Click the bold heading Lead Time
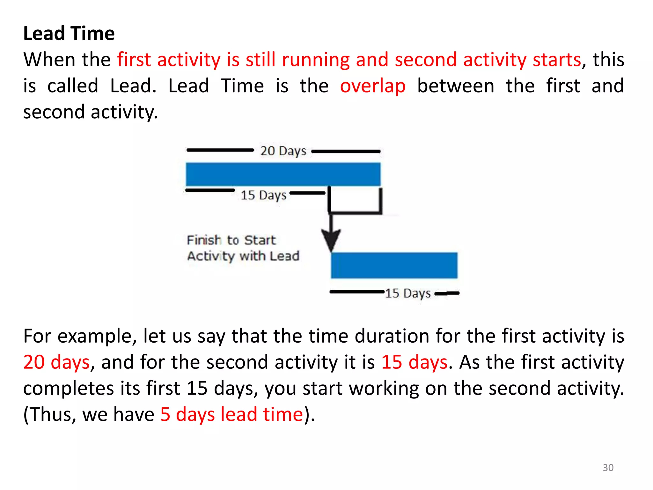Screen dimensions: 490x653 (69, 33)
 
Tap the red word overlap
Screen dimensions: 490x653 (372, 86)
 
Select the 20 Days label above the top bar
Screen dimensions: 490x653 (283, 151)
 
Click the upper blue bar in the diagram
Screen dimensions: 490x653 (283, 174)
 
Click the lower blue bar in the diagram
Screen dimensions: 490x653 (394, 265)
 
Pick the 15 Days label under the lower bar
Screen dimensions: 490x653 (408, 293)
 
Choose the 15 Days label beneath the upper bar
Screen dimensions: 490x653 (263, 195)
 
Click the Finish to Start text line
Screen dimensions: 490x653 (231, 240)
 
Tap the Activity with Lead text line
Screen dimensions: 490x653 (243, 256)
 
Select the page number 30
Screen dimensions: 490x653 (608, 468)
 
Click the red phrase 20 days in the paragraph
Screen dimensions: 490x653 (56, 362)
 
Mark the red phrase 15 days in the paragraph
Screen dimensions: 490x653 (415, 362)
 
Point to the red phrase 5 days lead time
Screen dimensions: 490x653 (231, 414)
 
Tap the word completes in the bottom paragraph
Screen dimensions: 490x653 (69, 389)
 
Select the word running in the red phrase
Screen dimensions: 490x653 (316, 60)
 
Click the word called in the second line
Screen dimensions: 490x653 (73, 86)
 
